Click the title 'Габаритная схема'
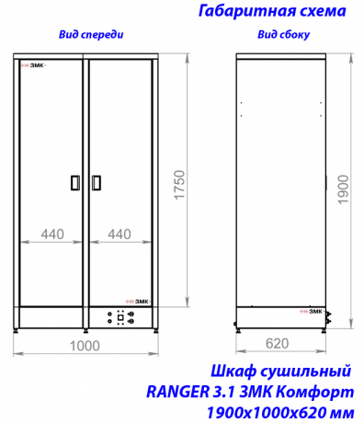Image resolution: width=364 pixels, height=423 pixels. [x=272, y=11]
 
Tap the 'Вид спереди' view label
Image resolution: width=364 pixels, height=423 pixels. [x=91, y=34]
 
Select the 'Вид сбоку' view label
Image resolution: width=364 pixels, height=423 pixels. [x=283, y=35]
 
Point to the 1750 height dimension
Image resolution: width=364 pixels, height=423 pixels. [x=180, y=185]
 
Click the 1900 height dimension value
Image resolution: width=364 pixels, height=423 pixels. [x=343, y=189]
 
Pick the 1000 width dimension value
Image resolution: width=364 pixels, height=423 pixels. [x=85, y=346]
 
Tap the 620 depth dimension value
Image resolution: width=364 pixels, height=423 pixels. [x=277, y=343]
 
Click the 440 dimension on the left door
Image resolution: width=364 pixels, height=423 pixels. [x=52, y=234]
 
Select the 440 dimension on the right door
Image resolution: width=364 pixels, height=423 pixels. [x=119, y=234]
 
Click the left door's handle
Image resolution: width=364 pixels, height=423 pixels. [x=75, y=183]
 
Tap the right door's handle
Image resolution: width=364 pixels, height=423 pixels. [x=97, y=183]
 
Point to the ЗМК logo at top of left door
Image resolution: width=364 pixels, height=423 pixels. [x=33, y=65]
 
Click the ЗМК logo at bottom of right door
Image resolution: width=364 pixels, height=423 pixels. [x=138, y=302]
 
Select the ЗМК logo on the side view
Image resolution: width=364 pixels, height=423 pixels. [x=311, y=312]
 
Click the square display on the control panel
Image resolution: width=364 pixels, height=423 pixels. [x=120, y=317]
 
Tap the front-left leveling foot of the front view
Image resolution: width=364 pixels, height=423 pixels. [x=17, y=331]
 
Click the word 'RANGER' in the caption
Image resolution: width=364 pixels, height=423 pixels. [x=176, y=392]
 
